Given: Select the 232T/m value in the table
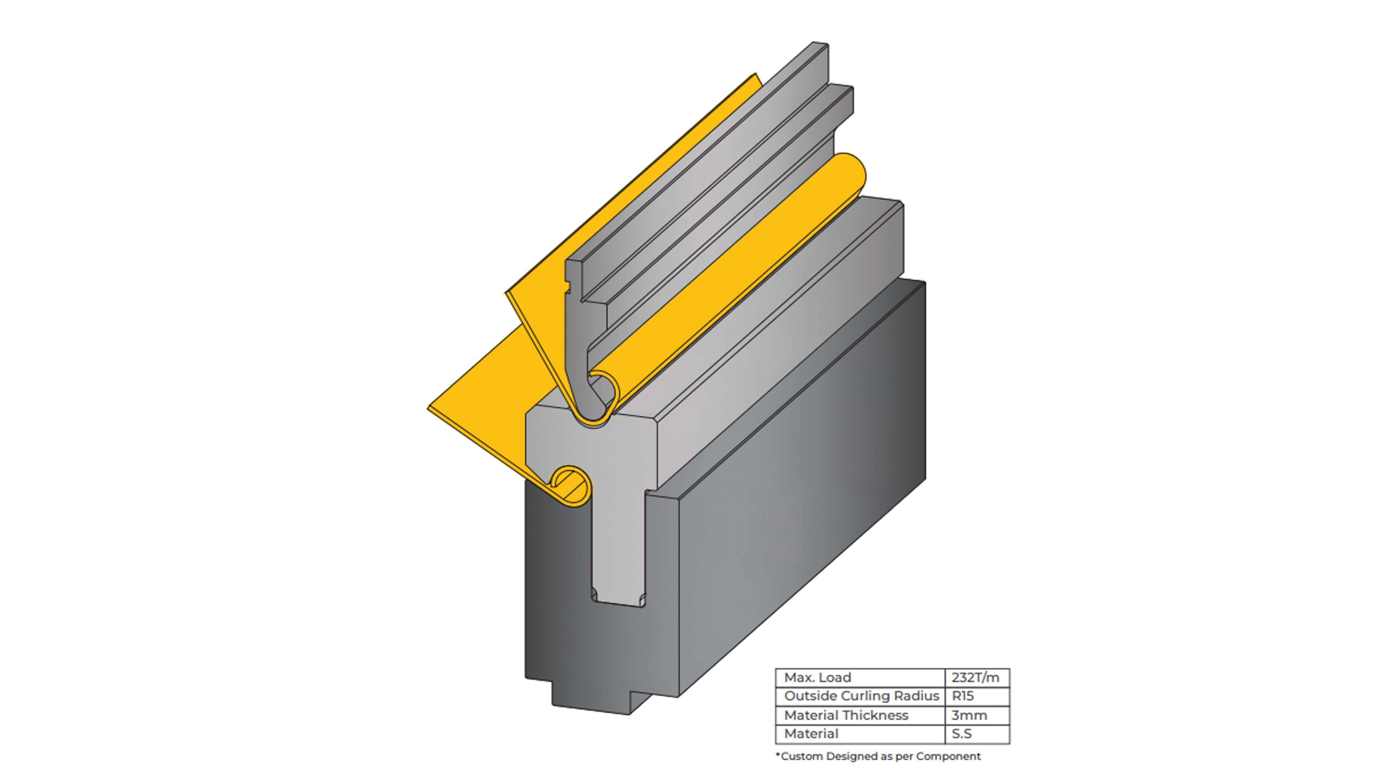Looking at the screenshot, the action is click(975, 677).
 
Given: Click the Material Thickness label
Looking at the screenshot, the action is click(846, 715).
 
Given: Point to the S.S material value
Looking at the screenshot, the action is click(962, 734).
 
